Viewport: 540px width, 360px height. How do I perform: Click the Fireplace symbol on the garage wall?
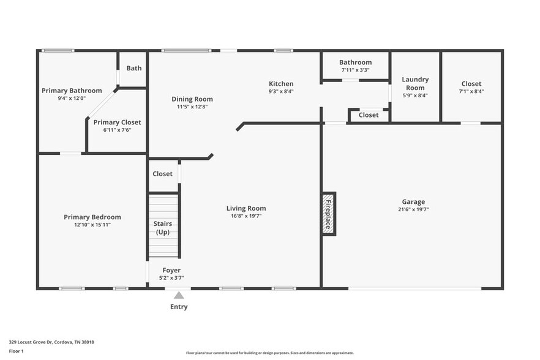329,214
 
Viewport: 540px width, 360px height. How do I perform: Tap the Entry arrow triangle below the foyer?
179,295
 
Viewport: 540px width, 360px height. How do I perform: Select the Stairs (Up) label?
163,228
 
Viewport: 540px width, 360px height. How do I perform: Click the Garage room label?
413,202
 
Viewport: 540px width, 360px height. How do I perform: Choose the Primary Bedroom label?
92,217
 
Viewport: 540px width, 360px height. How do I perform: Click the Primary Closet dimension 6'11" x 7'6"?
117,130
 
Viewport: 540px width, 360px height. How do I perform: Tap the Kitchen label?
281,84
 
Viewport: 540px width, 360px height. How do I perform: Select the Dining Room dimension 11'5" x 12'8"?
192,107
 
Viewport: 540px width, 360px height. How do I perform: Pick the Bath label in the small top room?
134,68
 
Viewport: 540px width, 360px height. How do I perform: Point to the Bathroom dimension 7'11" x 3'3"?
355,70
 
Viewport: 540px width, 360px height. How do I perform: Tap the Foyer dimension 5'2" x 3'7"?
171,278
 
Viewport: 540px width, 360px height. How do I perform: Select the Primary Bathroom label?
72,91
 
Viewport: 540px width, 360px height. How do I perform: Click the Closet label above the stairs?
162,174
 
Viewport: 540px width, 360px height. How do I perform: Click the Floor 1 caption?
16,351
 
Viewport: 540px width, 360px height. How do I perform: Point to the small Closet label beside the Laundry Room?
369,115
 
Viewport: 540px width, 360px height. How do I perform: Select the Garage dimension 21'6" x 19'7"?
413,209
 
